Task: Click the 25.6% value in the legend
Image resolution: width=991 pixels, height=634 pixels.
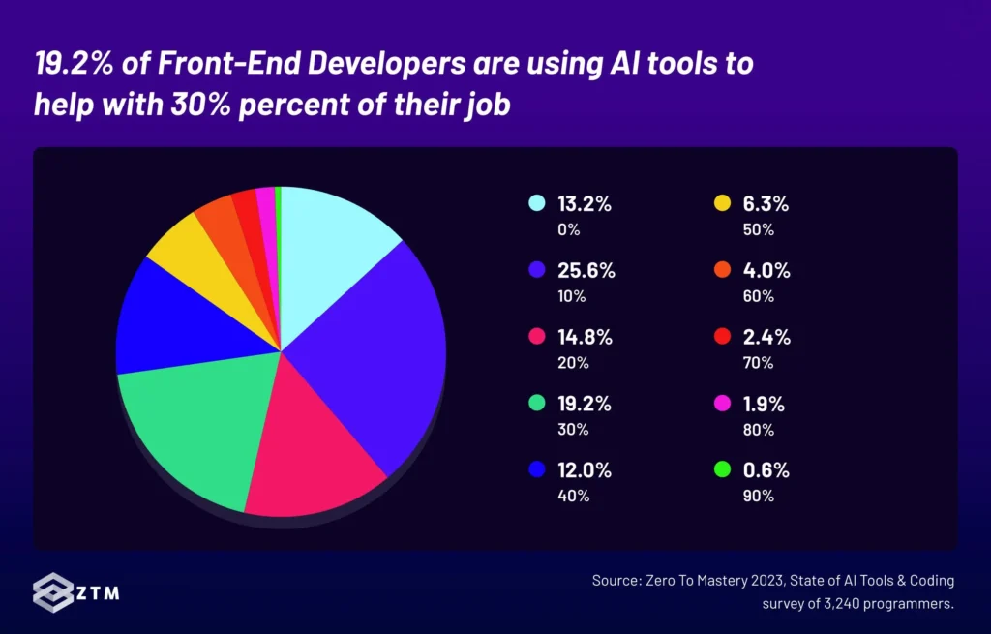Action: click(x=586, y=271)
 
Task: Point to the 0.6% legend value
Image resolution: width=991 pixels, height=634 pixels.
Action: click(x=767, y=471)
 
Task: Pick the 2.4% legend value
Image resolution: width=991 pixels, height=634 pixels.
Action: click(x=767, y=338)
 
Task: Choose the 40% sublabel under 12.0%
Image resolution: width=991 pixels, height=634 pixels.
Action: click(x=573, y=497)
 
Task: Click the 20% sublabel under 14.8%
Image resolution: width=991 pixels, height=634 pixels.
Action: click(x=573, y=363)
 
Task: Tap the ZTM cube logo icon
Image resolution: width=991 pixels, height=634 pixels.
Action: click(x=52, y=591)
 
